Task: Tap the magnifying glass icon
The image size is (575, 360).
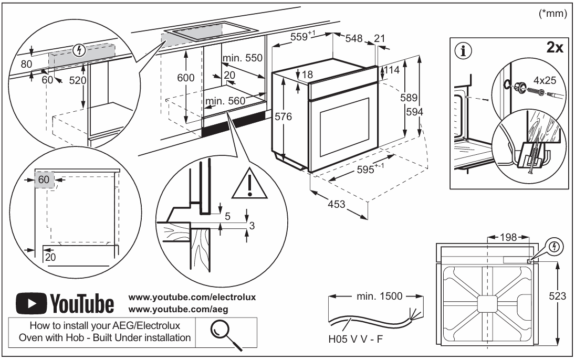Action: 224,332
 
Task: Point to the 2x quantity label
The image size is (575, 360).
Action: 555,48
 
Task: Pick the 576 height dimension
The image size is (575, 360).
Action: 283,117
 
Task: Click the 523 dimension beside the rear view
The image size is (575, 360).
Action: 558,296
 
